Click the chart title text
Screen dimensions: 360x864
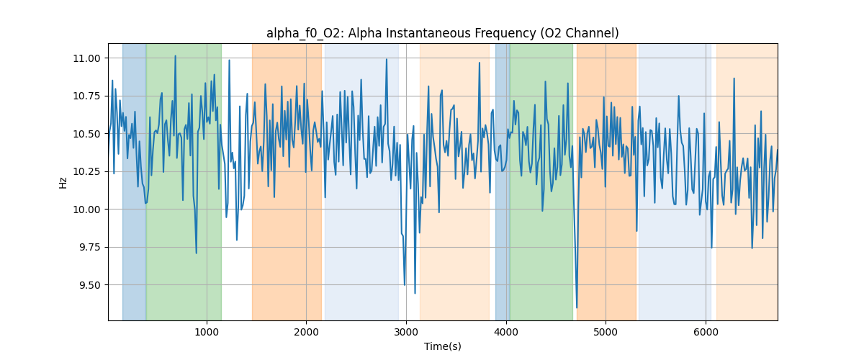tap(442, 33)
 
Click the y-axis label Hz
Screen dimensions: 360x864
tap(63, 182)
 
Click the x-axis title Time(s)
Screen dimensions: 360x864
tap(442, 346)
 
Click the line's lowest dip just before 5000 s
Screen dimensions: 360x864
tap(577, 307)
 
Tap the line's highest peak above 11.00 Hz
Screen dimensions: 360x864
tap(175, 55)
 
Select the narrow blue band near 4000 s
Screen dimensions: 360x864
tap(502, 180)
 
